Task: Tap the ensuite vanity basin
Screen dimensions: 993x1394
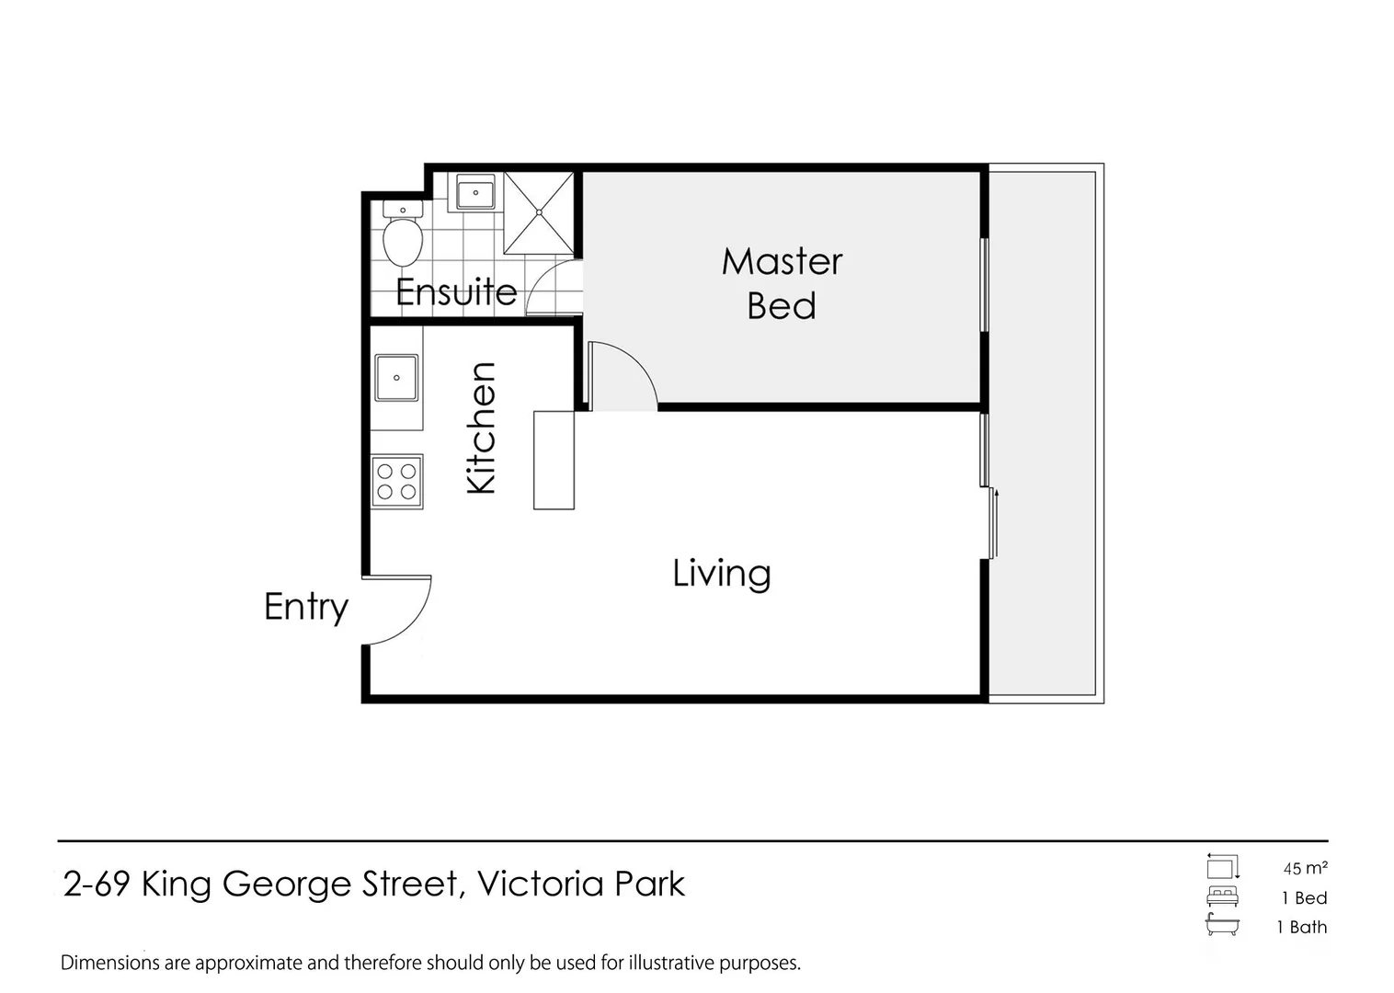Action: coord(475,192)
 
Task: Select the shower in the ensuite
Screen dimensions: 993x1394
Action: coord(539,212)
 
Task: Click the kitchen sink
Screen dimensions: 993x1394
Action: coord(396,378)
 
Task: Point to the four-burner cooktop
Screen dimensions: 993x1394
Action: coord(396,481)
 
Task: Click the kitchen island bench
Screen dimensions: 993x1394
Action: coord(554,460)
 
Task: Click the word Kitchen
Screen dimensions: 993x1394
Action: coord(481,428)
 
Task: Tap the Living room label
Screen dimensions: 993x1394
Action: coord(721,574)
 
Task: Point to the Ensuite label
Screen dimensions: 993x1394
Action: coord(456,292)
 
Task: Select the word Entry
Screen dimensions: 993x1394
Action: coord(305,607)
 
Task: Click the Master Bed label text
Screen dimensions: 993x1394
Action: coord(782,283)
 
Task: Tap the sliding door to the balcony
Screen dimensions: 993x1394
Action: coord(991,522)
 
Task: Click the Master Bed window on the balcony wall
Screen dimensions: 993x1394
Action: coord(984,284)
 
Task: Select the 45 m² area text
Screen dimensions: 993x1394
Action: coord(1305,868)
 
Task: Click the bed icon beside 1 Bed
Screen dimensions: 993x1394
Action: coord(1222,897)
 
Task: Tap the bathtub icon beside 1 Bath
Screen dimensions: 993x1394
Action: coord(1222,926)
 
